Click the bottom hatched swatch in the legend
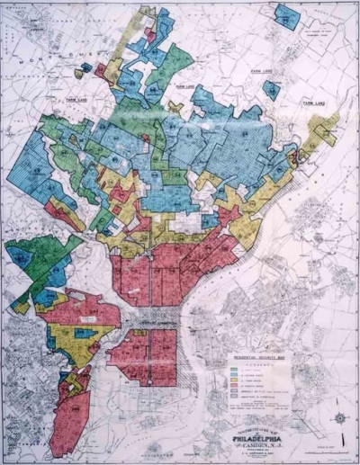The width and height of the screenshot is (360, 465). pos(224,399)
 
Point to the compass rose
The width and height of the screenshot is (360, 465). pos(339,418)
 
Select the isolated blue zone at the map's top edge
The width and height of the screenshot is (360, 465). pos(287,16)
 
